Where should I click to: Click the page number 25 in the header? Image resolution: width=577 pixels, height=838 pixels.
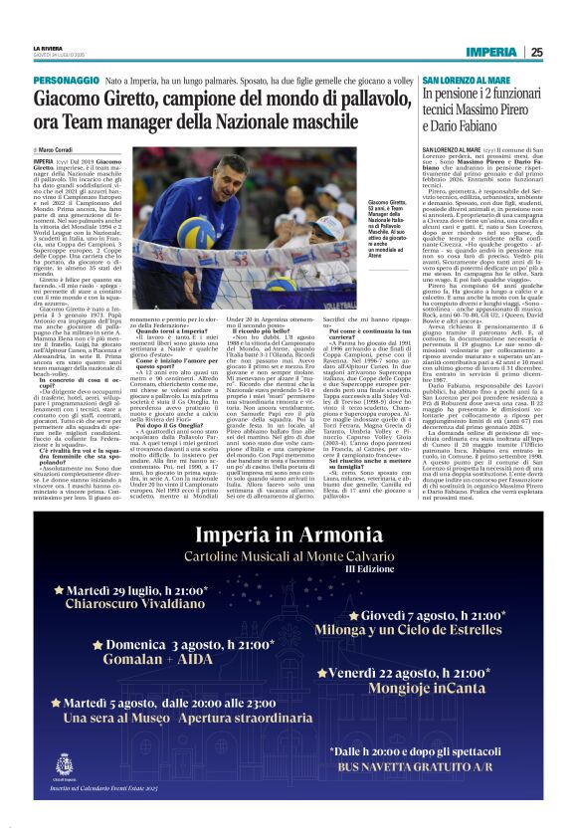point(536,52)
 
